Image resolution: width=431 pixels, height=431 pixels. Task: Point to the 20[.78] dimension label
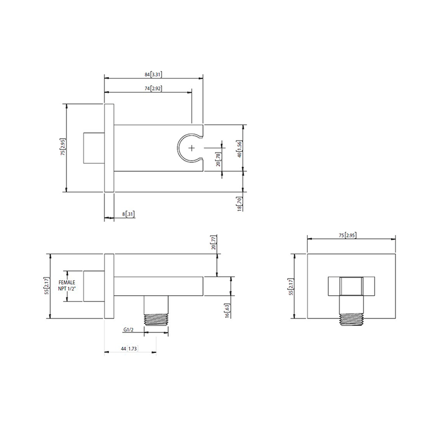(x=218, y=160)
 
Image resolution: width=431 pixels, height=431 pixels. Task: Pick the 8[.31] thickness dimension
(x=128, y=214)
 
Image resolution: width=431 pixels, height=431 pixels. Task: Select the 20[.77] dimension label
(x=213, y=242)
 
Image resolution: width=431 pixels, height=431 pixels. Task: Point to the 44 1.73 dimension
(x=129, y=350)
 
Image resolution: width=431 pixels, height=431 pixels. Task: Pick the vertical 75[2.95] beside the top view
(x=63, y=147)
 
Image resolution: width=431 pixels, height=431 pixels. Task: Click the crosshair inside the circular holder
(x=191, y=147)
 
